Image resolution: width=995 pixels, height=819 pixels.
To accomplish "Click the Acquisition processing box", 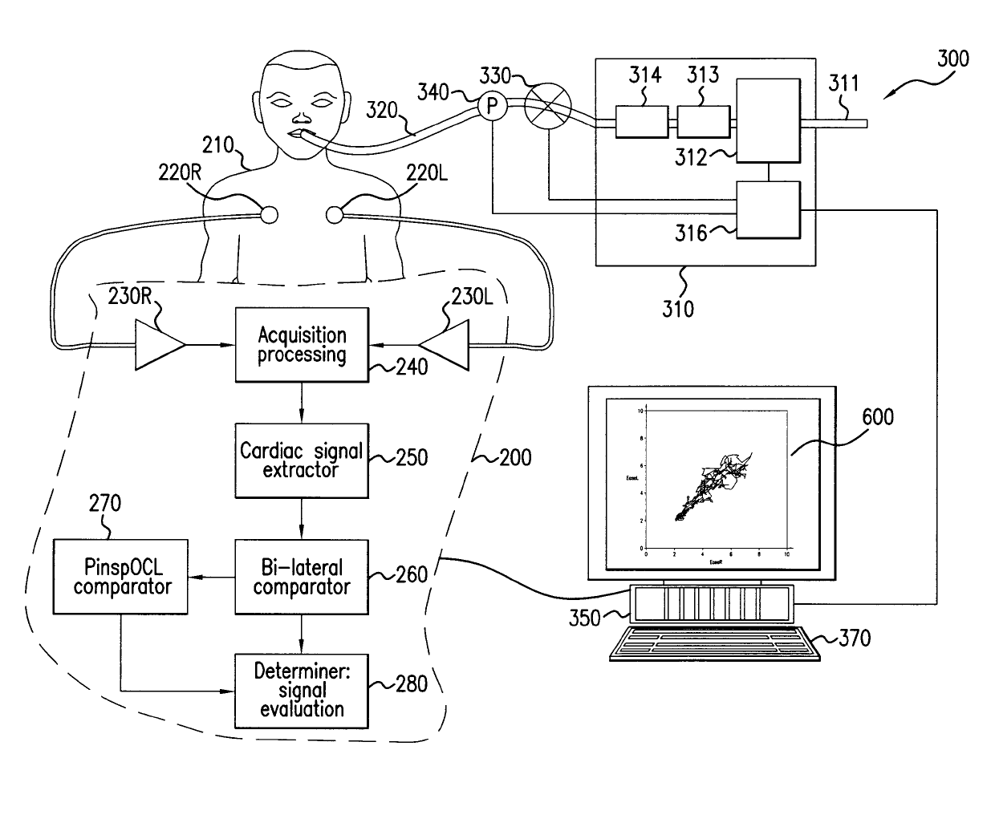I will coord(302,346).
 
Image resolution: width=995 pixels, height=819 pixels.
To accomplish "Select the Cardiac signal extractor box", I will coord(302,460).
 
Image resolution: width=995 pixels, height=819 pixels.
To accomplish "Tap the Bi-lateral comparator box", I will coord(302,578).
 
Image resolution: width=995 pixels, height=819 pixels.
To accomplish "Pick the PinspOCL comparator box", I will coord(120,578).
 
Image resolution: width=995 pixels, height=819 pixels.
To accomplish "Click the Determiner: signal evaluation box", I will coord(302,691).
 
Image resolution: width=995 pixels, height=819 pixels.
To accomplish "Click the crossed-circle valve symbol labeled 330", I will coord(547,105).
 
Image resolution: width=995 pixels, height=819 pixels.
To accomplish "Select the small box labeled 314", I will coord(641,122).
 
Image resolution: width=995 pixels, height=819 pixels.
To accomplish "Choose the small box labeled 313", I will coord(704,122).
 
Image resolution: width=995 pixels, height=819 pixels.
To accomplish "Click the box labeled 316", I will coord(768,209).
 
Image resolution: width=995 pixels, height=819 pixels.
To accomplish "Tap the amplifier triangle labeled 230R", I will coord(157,346).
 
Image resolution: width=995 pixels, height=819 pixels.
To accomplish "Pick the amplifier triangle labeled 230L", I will coord(447,346).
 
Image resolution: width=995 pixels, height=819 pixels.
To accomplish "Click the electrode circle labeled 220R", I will coord(268,214).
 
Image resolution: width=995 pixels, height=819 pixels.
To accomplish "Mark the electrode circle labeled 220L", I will coord(335,214).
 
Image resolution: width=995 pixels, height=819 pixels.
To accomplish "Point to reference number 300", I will coord(952,59).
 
